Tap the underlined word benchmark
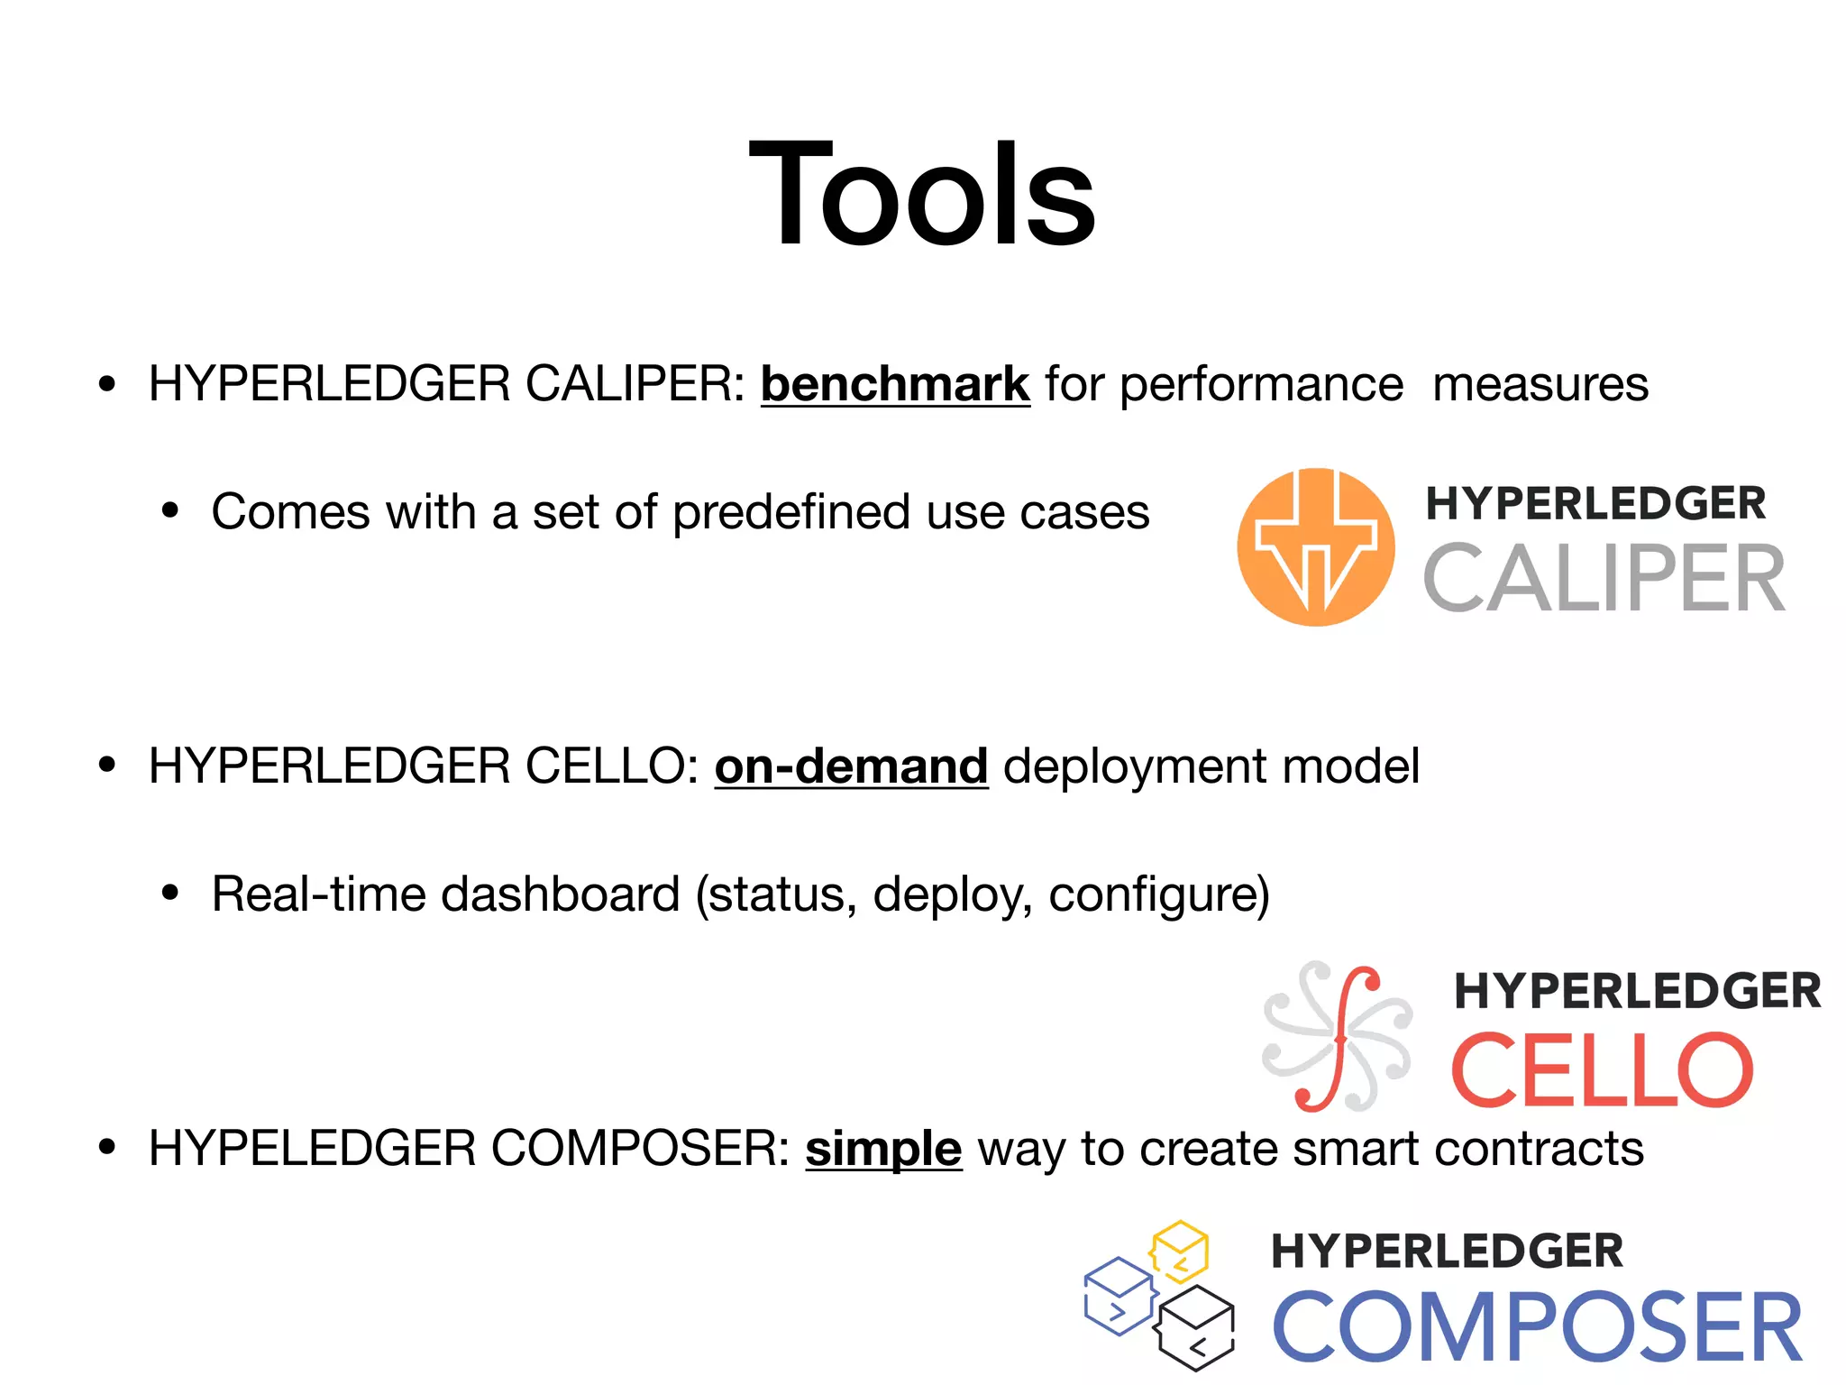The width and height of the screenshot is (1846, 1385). click(x=894, y=384)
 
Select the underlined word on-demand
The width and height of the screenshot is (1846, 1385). click(x=851, y=766)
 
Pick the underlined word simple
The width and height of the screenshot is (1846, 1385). click(x=883, y=1149)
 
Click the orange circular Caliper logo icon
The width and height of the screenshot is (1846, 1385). click(x=1315, y=546)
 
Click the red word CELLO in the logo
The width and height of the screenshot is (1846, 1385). click(x=1602, y=1070)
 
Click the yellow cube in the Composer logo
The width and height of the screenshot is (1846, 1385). click(x=1179, y=1252)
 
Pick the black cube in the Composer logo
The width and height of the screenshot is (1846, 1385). click(x=1196, y=1327)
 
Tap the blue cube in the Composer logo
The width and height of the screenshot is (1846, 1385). click(x=1119, y=1296)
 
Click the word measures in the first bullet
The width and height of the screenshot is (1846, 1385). click(x=1540, y=384)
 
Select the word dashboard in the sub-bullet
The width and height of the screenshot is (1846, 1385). click(x=560, y=894)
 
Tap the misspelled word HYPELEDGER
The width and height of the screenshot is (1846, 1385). click(x=312, y=1149)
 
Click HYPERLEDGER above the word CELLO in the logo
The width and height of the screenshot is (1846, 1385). click(x=1637, y=991)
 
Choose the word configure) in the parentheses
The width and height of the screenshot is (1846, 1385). click(x=1159, y=894)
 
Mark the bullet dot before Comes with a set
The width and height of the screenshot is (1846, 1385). click(x=170, y=511)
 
